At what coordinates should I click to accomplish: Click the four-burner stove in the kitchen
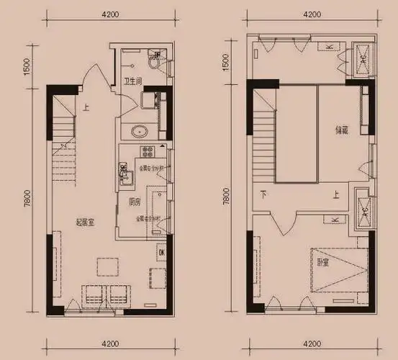click(149, 152)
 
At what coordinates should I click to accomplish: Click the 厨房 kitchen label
click(134, 202)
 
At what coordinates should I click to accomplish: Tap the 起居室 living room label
click(84, 222)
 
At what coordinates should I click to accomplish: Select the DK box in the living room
click(162, 253)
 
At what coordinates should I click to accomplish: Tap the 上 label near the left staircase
click(85, 109)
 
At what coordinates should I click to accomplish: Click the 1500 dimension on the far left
click(26, 65)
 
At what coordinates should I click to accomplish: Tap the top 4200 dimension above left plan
click(110, 14)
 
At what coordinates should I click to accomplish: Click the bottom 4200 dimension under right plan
click(311, 343)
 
